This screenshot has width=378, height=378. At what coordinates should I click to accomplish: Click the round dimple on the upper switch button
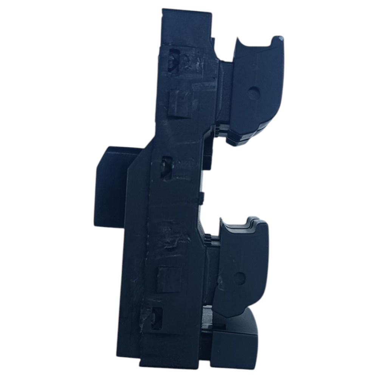coord(254,92)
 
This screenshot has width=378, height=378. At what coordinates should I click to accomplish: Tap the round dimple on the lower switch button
coord(239,279)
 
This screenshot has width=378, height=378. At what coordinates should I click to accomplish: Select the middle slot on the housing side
coord(166,167)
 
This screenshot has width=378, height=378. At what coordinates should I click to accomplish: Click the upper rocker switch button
coord(257,91)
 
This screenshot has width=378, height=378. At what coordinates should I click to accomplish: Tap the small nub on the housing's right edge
coord(201,197)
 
